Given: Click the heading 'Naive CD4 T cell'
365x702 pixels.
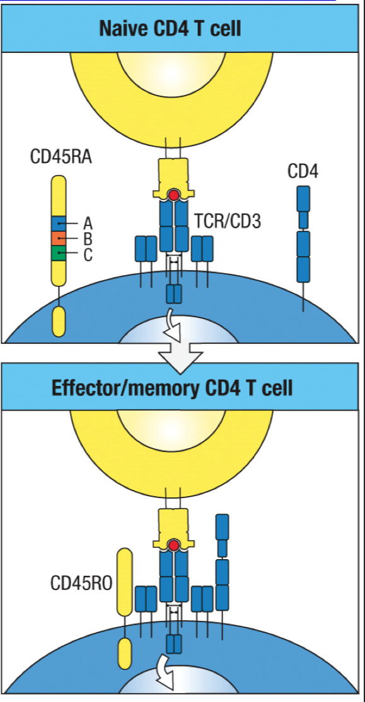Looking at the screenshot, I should click(170, 28).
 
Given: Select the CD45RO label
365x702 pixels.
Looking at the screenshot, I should click(81, 583).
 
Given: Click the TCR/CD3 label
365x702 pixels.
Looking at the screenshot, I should click(229, 221).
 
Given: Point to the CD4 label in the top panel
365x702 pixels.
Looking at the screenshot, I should click(303, 171).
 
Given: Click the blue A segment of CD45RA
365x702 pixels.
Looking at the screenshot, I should click(59, 223).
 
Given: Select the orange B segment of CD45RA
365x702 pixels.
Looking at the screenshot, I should click(59, 239).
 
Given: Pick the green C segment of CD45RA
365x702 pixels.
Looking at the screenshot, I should click(59, 254).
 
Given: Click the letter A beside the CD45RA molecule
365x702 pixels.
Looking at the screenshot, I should click(88, 223).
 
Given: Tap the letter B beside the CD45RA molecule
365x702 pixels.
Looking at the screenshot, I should click(88, 239).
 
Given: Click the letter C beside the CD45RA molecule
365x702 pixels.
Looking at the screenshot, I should click(88, 255).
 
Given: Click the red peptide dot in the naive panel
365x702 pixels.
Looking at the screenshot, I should click(173, 196).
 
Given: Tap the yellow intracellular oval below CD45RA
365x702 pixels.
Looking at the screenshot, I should click(59, 321).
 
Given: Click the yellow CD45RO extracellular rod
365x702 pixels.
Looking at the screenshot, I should click(125, 582).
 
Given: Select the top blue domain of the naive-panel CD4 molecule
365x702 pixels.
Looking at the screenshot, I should click(303, 198).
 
